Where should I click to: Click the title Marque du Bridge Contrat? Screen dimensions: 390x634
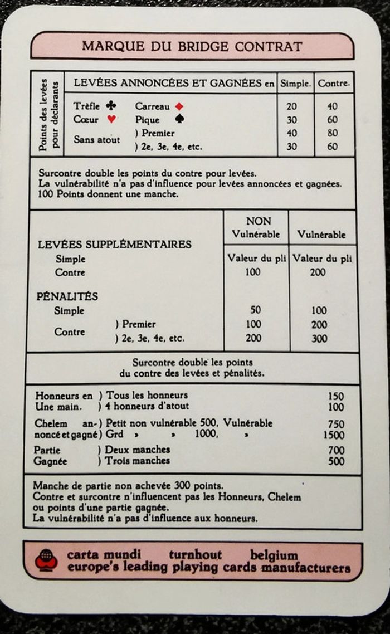pyautogui.click(x=192, y=46)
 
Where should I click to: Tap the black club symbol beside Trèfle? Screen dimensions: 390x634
pyautogui.click(x=111, y=105)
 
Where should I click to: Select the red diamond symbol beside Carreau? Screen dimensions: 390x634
pyautogui.click(x=179, y=106)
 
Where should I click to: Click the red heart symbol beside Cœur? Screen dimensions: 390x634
pyautogui.click(x=111, y=119)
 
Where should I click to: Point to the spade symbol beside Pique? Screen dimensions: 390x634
pyautogui.click(x=178, y=119)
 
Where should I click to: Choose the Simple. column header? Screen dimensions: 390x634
pyautogui.click(x=295, y=84)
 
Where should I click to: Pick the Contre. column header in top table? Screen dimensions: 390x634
pyautogui.click(x=334, y=84)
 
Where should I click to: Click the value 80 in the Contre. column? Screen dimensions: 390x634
pyautogui.click(x=333, y=133)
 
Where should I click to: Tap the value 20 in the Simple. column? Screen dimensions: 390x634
pyautogui.click(x=291, y=106)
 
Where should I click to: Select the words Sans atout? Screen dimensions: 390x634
pyautogui.click(x=96, y=140)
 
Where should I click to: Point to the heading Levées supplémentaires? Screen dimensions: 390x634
pyautogui.click(x=114, y=244)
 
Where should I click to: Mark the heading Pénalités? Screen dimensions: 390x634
pyautogui.click(x=67, y=296)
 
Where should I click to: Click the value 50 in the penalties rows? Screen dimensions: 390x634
pyautogui.click(x=256, y=310)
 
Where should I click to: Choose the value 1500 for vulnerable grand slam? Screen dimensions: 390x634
pyautogui.click(x=334, y=435)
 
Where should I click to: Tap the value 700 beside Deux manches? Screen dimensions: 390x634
pyautogui.click(x=336, y=450)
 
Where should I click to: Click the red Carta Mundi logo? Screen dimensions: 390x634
pyautogui.click(x=46, y=560)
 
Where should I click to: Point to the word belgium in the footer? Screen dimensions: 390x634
pyautogui.click(x=274, y=555)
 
